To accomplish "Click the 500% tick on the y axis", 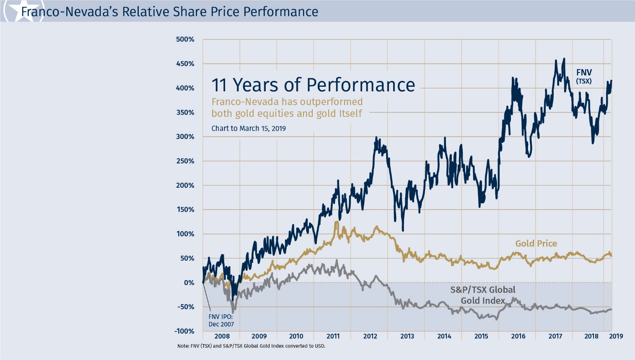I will [x=185, y=39].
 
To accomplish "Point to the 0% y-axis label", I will [x=189, y=282].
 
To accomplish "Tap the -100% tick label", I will [x=184, y=331].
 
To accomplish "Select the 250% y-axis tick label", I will [x=185, y=161].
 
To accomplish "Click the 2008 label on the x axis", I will [x=222, y=336].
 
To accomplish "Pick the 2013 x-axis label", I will [x=407, y=336].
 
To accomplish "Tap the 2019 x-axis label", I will [x=616, y=336].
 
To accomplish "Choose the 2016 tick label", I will [x=518, y=336].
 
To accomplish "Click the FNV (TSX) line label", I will [x=584, y=76].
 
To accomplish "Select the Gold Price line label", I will [x=536, y=243].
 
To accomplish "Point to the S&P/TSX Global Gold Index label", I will [x=483, y=295].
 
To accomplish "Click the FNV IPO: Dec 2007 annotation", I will [x=221, y=321].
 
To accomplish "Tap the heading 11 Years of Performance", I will [x=313, y=85].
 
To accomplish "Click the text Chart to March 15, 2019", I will [x=249, y=129].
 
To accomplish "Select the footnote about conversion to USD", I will [x=251, y=346].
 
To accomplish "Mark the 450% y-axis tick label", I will [x=185, y=64].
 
